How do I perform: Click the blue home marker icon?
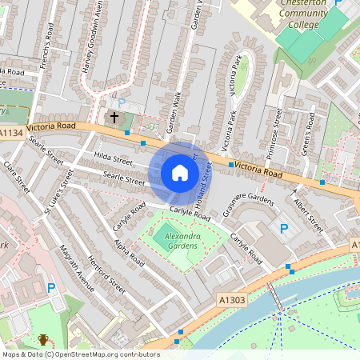point(180,173)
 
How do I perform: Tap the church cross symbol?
point(114,118)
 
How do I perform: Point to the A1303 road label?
point(230,298)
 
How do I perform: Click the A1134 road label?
point(12,133)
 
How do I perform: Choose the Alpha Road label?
point(128,251)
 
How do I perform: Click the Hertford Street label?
point(106,271)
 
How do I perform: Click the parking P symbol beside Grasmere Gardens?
point(284,229)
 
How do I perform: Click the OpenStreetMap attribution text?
point(81,354)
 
